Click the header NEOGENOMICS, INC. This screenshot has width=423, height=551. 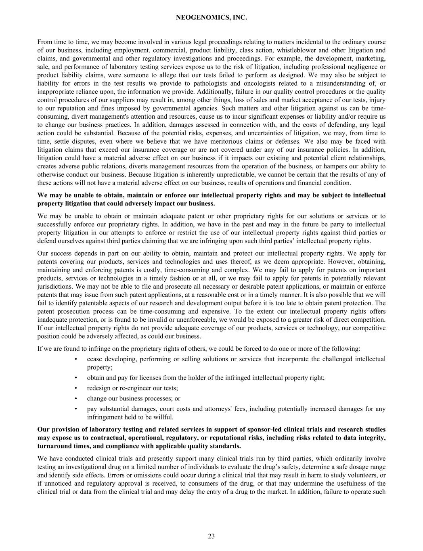pos(211,18)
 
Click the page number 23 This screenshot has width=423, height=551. pos(211,536)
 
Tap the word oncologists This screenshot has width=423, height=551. pos(257,84)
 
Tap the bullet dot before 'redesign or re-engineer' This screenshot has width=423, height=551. pos(76,388)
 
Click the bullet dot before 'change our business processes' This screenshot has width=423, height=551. pos(76,398)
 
